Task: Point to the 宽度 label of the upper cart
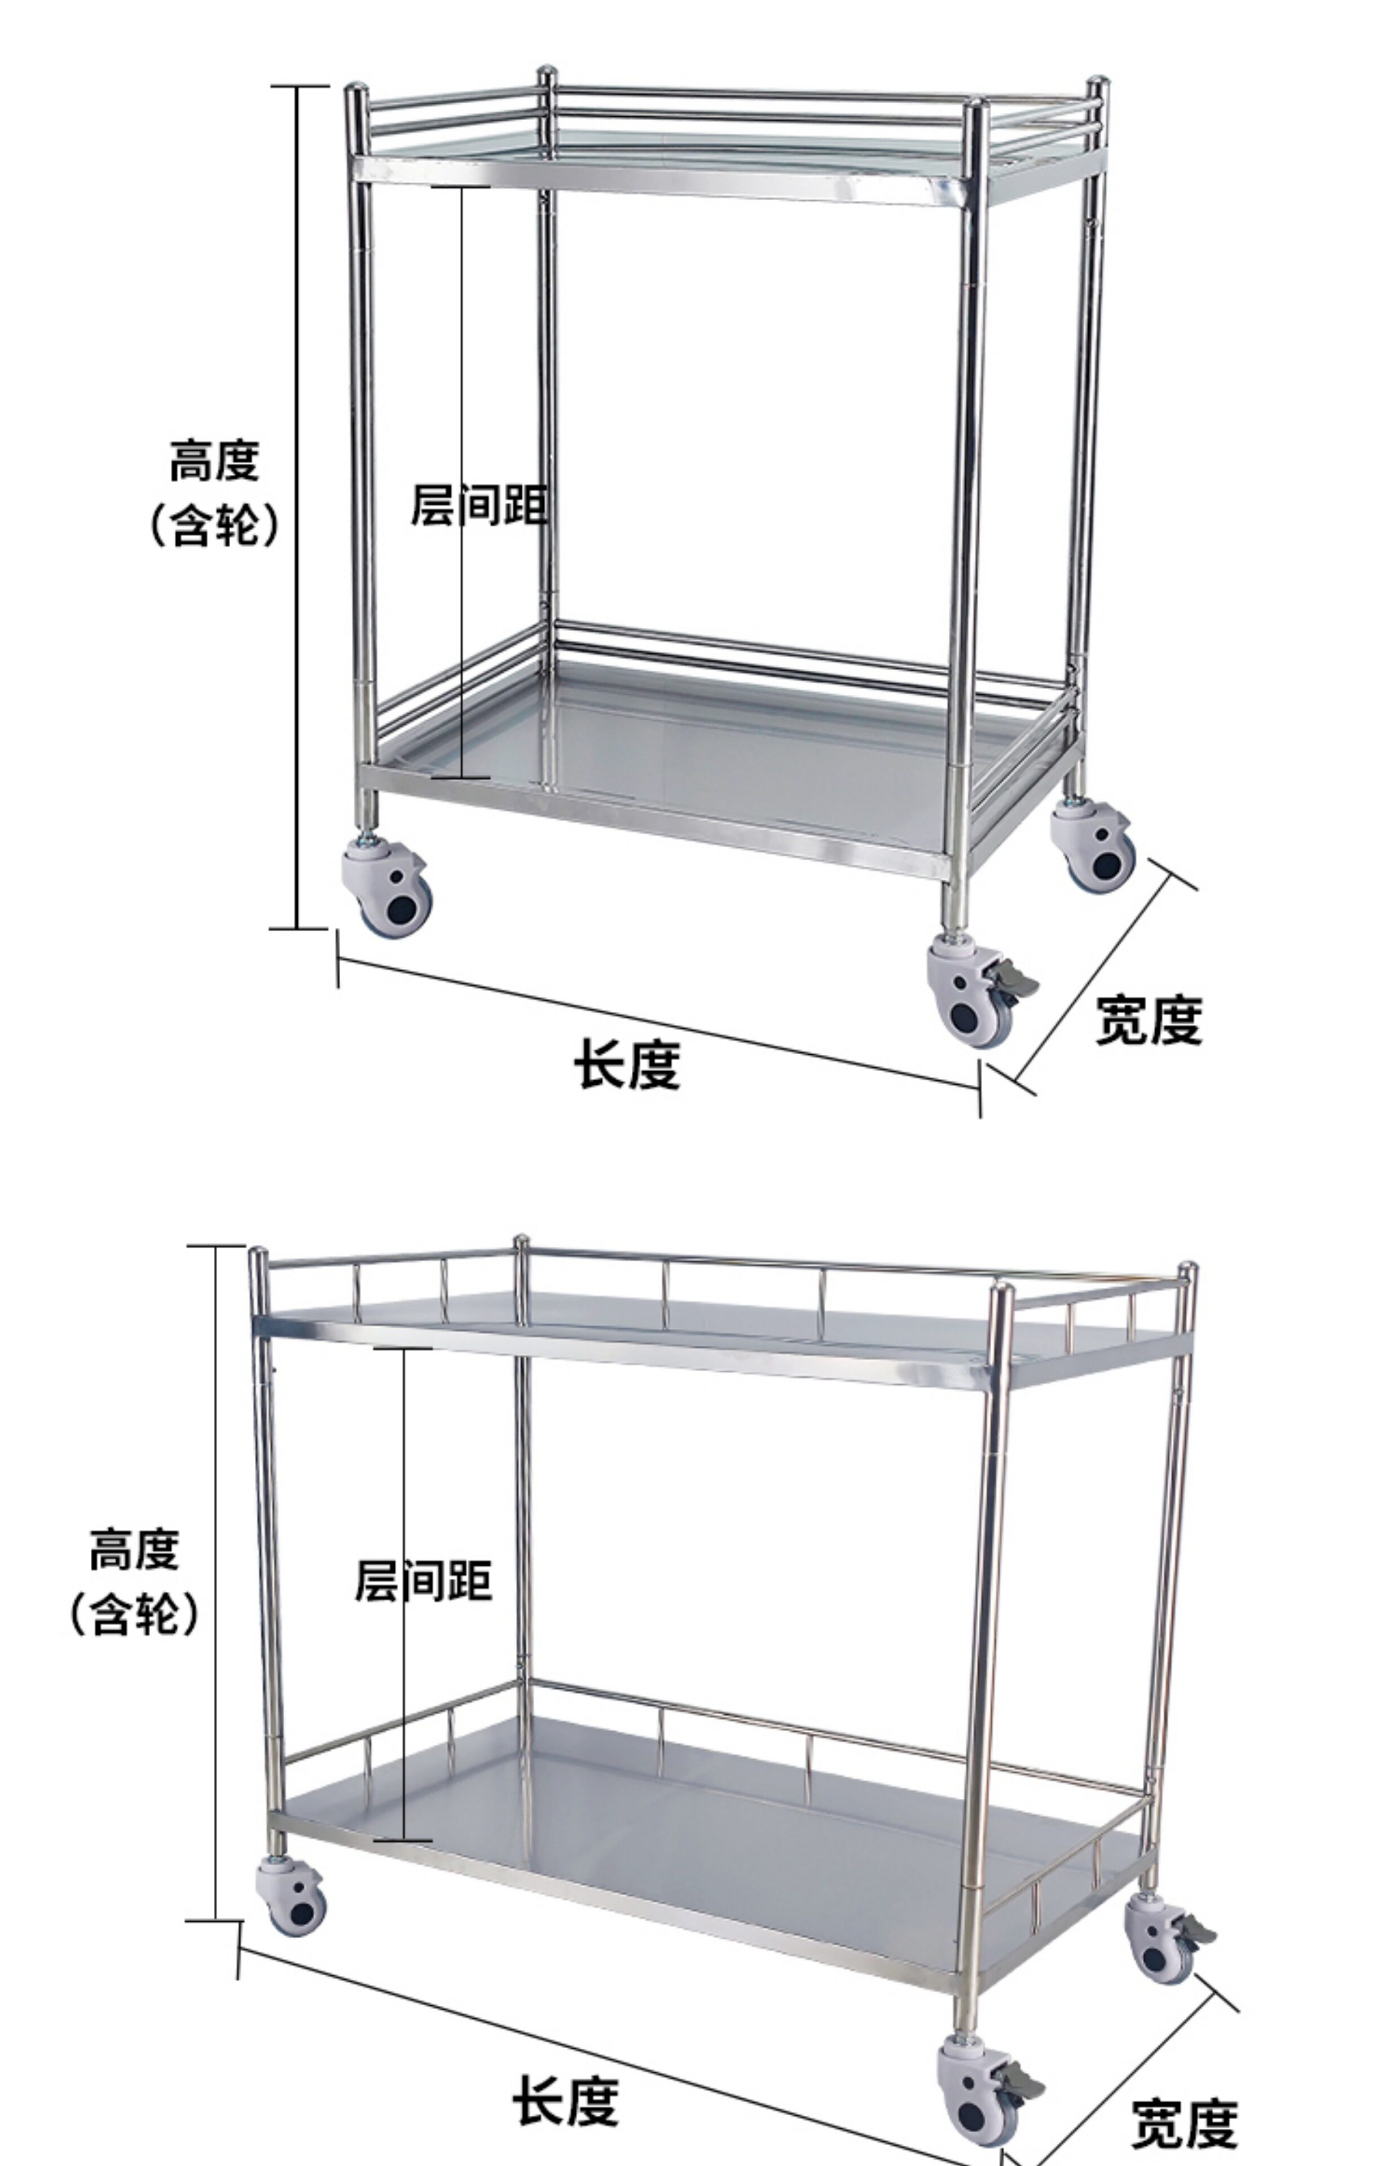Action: click(x=1149, y=1019)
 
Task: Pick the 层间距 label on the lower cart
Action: click(x=423, y=1581)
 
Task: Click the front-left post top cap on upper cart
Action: click(x=356, y=91)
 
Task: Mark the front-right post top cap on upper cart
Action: click(x=976, y=105)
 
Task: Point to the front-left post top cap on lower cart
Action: click(x=258, y=1255)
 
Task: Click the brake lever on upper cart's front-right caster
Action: click(x=1015, y=981)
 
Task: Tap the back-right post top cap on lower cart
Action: click(x=1186, y=1269)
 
